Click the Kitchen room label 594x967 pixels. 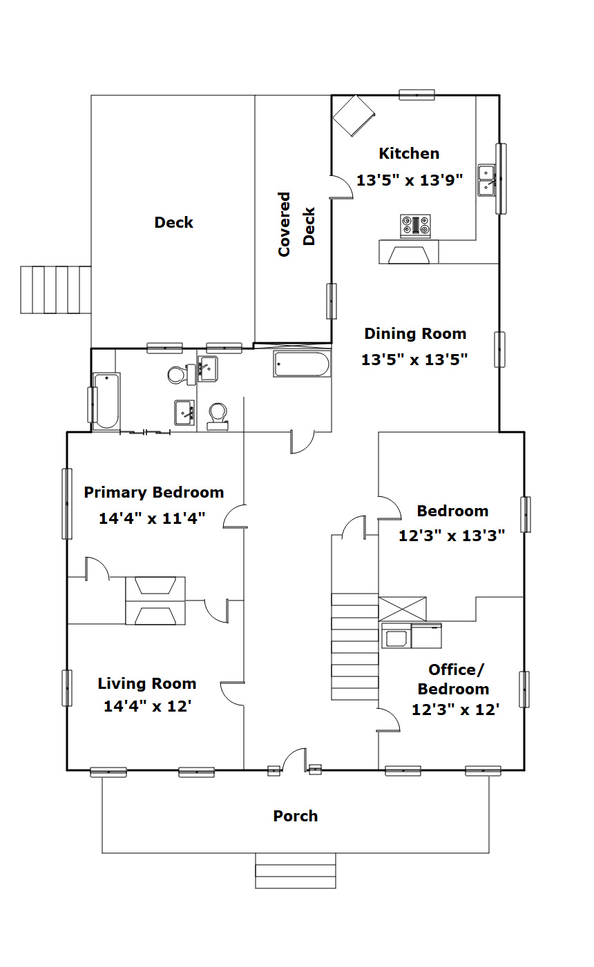click(409, 153)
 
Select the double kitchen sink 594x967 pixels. click(486, 180)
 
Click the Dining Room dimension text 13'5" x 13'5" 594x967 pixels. click(414, 359)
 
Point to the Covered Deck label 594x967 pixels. click(296, 224)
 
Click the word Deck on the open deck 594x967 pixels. click(173, 222)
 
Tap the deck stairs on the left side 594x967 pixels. click(56, 290)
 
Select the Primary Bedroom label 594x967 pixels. click(154, 493)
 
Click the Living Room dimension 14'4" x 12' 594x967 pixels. click(148, 706)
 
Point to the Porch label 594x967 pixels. click(296, 816)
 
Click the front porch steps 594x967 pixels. click(296, 870)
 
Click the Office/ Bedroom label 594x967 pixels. click(453, 679)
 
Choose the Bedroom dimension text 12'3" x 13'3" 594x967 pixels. click(452, 536)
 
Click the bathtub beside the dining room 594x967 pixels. click(302, 364)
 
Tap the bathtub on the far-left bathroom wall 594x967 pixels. click(106, 401)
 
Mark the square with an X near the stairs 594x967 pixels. click(402, 609)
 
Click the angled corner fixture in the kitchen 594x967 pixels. click(354, 116)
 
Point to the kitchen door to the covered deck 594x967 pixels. click(342, 187)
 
